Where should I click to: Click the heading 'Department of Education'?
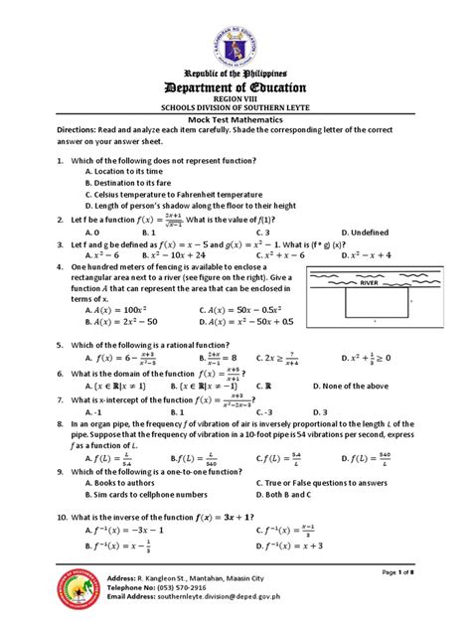[235, 87]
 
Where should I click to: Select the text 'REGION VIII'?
[235, 102]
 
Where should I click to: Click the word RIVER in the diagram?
[370, 282]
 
